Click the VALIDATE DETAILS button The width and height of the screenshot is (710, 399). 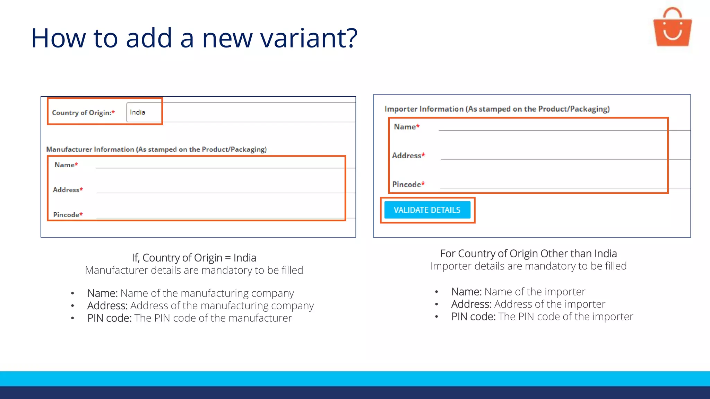[427, 210]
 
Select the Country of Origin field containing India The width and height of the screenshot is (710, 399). [144, 112]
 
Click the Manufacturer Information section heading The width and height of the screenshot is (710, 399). [156, 149]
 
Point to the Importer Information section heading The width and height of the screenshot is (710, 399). [497, 109]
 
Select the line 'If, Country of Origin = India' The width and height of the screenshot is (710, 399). [194, 258]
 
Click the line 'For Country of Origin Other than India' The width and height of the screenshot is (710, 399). [528, 254]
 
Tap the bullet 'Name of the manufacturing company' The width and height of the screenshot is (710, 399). [190, 293]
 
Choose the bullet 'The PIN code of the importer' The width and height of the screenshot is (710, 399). [542, 317]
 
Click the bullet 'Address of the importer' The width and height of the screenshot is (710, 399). [528, 304]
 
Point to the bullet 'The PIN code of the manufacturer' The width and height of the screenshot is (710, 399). [189, 318]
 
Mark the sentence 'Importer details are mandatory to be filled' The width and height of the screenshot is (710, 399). [528, 266]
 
